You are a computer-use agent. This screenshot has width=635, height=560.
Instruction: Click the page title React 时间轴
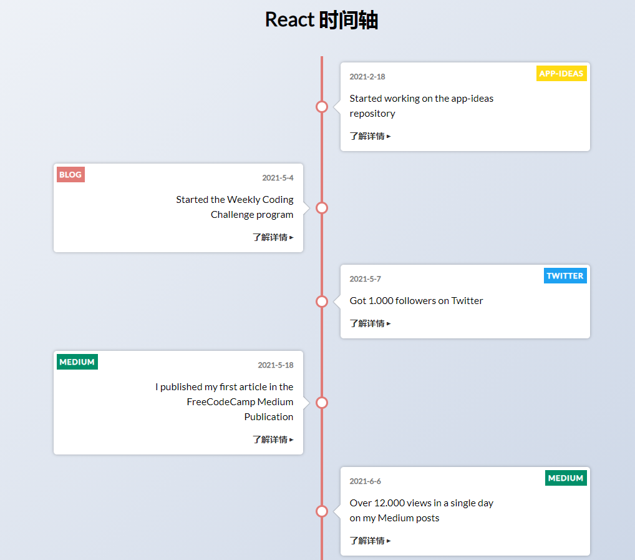321,20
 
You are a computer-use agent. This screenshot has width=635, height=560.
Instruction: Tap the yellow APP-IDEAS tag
561,74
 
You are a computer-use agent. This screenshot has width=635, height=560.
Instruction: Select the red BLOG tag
70,175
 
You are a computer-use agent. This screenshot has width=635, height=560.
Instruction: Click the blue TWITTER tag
565,276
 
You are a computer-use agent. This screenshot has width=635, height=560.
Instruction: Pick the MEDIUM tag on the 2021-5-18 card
77,362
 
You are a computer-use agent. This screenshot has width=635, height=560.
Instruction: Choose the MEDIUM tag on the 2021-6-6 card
565,478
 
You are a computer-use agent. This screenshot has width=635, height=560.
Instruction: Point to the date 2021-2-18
367,77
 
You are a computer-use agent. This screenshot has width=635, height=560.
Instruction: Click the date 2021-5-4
278,178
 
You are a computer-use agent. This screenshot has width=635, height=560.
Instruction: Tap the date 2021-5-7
365,279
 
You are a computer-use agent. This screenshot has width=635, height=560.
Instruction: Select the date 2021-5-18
275,365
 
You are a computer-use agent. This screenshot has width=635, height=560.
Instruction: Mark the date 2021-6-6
365,481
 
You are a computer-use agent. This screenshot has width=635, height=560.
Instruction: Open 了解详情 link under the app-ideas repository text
370,136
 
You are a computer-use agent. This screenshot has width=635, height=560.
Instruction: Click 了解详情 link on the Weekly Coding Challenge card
273,237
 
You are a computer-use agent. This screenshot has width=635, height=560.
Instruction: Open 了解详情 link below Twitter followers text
370,323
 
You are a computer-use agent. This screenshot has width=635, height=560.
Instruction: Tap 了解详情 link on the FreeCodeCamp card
273,440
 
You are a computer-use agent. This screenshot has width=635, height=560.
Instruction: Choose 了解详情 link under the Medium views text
370,541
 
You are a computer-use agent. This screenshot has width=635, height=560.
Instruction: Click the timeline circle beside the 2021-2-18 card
322,107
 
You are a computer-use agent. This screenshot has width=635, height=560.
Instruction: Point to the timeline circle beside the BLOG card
322,208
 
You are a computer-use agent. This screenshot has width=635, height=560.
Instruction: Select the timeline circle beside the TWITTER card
322,302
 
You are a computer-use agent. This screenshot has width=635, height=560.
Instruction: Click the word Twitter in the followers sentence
467,301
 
